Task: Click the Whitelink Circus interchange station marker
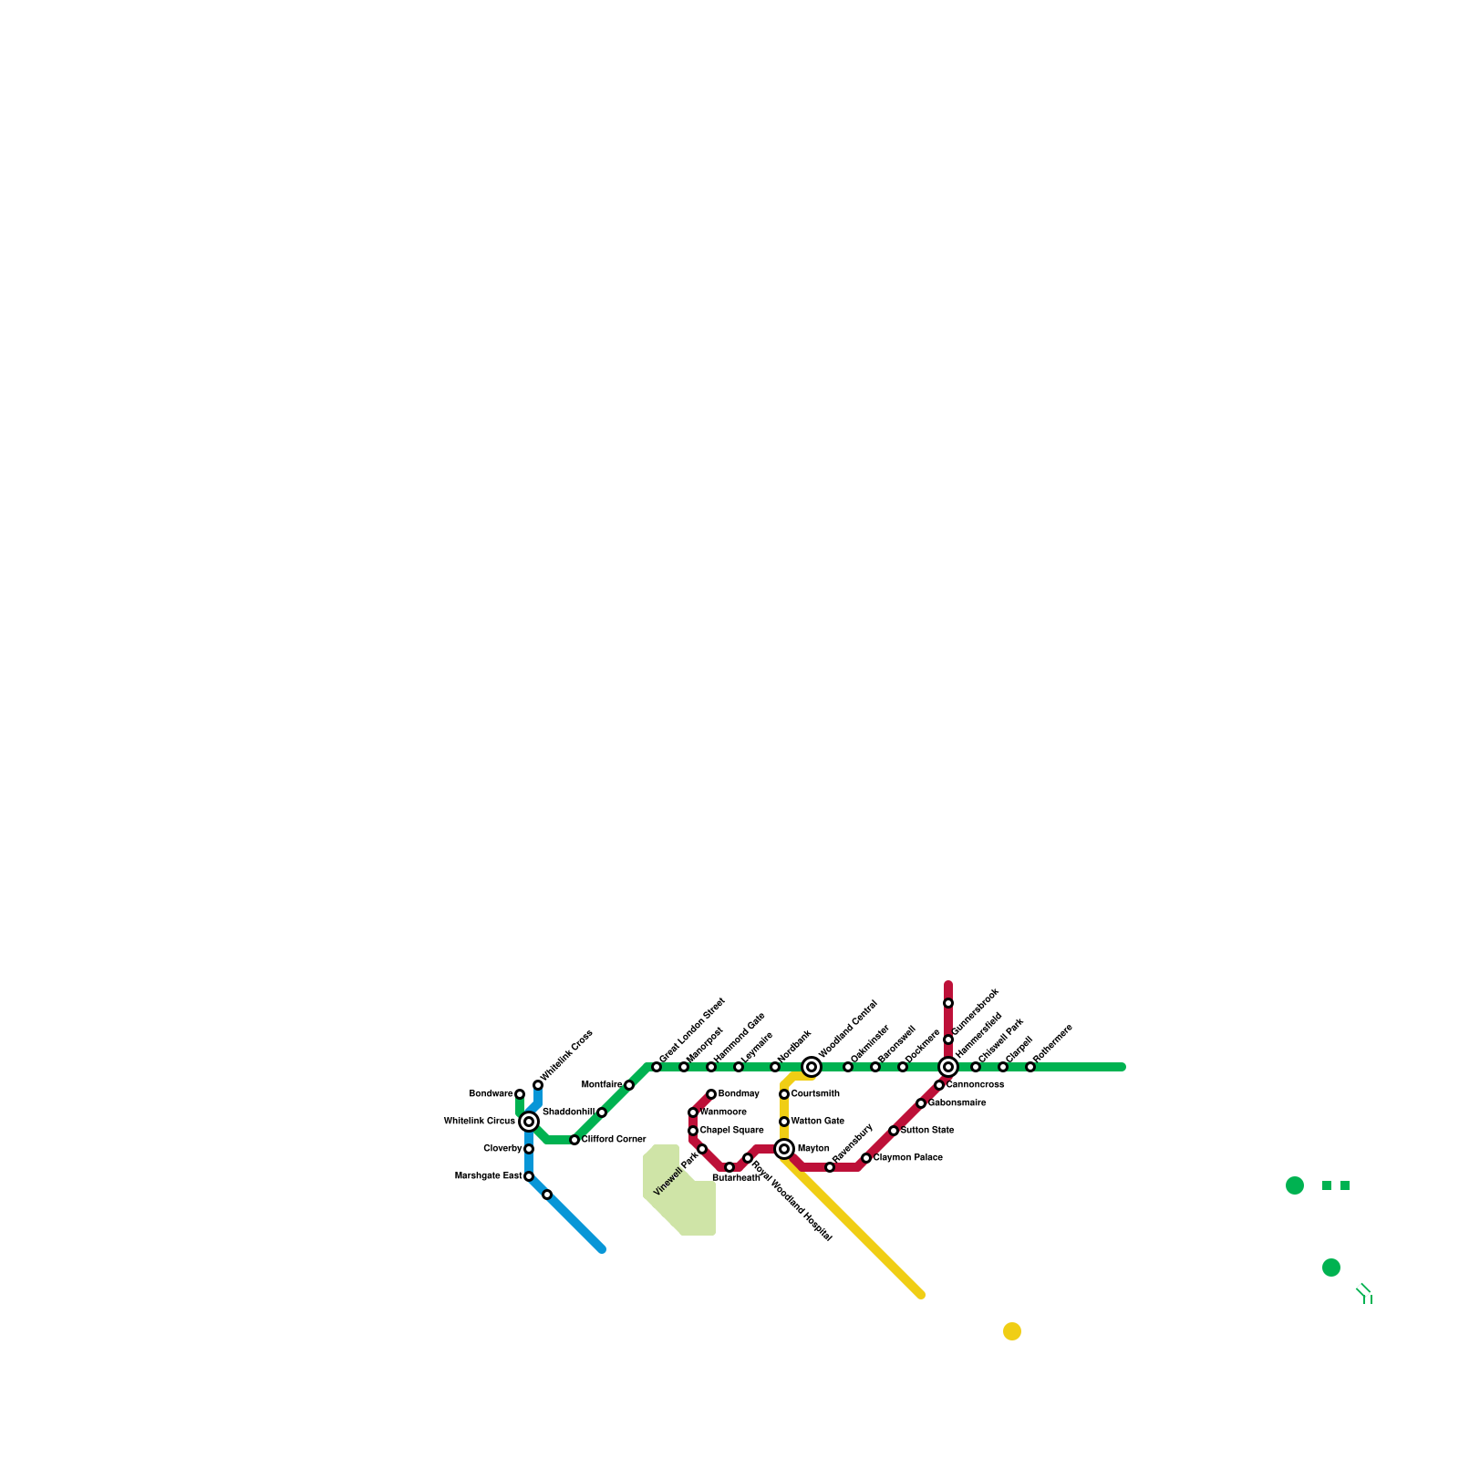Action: pos(529,1122)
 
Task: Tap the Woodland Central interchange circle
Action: pos(812,1067)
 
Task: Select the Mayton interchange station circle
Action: pos(784,1149)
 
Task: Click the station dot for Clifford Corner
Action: pos(574,1140)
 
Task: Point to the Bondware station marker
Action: pos(520,1094)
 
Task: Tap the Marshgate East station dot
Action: pos(529,1176)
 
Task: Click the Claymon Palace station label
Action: pos(907,1158)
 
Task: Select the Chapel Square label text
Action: pos(731,1131)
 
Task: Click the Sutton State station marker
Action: pos(894,1131)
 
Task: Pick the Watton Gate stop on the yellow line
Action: pos(784,1122)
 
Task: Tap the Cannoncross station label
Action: pos(975,1085)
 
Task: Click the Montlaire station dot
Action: pos(629,1085)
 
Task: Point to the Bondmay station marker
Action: pos(711,1094)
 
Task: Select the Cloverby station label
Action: pos(502,1149)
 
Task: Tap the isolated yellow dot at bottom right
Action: pos(1012,1331)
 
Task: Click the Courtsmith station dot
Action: pos(784,1094)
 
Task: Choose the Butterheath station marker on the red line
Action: pos(729,1167)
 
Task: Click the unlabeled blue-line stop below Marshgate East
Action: pos(547,1195)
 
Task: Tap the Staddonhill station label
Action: pos(568,1112)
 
